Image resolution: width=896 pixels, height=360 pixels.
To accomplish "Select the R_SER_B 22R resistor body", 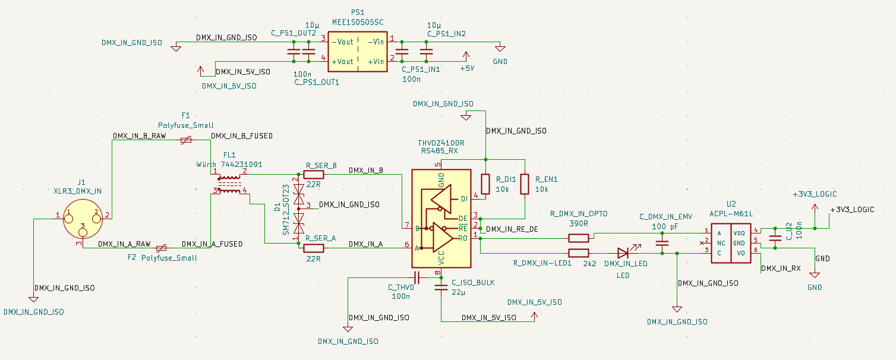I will point(313,175).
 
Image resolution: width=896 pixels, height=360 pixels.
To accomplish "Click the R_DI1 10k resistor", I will point(485,184).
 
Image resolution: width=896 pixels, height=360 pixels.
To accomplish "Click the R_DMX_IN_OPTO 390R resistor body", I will point(578,238).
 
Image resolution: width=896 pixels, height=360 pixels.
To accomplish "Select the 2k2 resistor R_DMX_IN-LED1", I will point(578,253).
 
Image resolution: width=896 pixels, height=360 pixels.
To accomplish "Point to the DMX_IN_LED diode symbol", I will point(623,253).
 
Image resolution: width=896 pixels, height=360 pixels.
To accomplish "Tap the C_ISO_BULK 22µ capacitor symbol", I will point(441,288).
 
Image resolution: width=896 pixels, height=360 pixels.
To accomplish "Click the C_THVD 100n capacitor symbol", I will point(417,277).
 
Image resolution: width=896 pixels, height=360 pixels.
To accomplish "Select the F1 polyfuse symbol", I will point(186,140).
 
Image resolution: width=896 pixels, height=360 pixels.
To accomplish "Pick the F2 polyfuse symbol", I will point(160,248).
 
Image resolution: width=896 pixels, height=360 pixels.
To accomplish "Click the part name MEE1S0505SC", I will point(358,22).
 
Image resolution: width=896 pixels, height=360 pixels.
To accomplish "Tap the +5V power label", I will point(467,68).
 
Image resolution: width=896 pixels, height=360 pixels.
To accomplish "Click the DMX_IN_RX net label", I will point(781,269).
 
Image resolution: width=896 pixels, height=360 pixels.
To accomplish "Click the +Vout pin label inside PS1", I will point(342,61).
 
